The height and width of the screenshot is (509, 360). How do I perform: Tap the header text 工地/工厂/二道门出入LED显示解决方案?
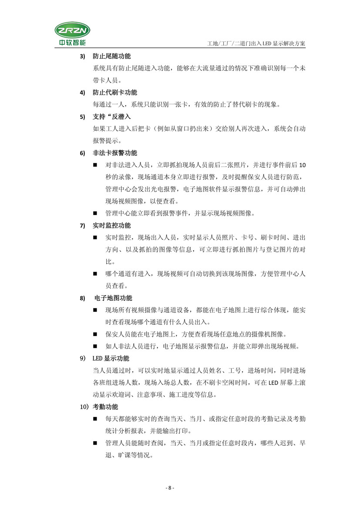click(257, 44)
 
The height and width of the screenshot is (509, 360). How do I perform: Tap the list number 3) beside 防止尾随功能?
click(81, 57)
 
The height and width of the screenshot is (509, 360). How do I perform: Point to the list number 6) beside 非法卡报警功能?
click(81, 153)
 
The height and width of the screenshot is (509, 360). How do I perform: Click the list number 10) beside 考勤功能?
click(83, 407)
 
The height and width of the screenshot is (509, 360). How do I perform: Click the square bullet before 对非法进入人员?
click(95, 165)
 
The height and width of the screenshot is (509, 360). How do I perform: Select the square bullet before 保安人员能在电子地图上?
click(95, 335)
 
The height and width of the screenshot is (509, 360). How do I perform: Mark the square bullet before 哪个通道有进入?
click(95, 274)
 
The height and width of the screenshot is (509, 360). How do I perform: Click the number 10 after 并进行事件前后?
click(303, 165)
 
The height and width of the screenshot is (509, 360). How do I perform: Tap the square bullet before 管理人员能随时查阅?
click(95, 443)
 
